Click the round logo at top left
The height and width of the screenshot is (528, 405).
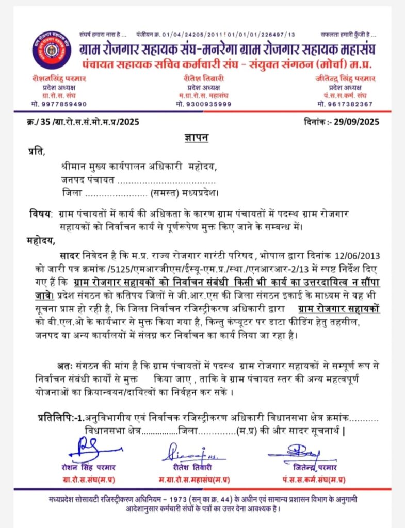(x=52, y=51)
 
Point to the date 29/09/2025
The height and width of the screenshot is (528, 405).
(x=356, y=122)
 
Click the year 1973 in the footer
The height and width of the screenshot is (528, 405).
(x=177, y=499)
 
